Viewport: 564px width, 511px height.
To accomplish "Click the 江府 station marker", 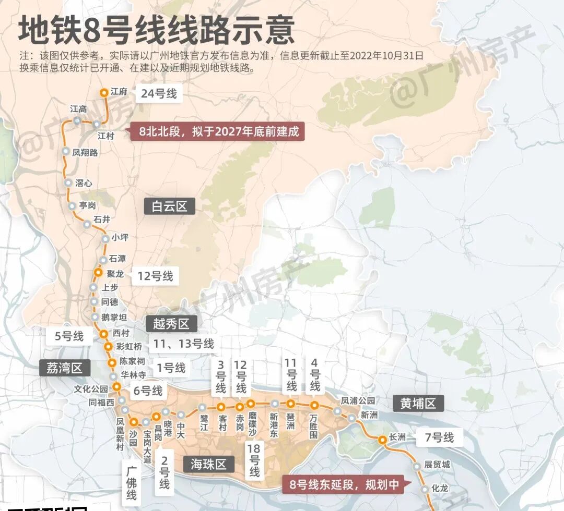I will point(104,92).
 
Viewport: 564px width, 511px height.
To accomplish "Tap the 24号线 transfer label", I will point(159,94).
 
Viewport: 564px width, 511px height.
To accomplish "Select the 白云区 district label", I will point(169,206).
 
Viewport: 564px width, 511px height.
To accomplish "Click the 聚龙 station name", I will point(115,274).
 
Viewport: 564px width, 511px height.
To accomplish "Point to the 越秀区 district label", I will point(171,324).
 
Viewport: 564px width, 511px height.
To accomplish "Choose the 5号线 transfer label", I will point(69,336).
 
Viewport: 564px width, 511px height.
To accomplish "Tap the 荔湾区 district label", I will point(65,368).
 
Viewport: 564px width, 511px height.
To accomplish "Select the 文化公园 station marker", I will point(116,387).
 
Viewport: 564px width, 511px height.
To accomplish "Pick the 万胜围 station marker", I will point(314,405).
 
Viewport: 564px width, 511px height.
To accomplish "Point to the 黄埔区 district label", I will point(418,403).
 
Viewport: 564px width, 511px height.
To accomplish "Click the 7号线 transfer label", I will point(439,437).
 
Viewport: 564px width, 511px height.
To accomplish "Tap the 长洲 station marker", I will point(382,439).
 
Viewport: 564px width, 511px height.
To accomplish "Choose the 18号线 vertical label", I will point(254,460).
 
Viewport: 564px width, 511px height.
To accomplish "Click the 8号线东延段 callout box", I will point(344,484).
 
